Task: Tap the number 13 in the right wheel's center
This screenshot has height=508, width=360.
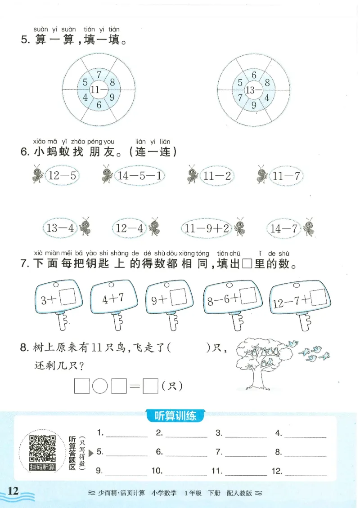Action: point(251,90)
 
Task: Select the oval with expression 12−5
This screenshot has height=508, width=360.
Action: point(61,176)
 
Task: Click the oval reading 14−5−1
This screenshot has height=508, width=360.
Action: point(140,176)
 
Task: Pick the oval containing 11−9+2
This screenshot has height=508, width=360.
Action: point(207,228)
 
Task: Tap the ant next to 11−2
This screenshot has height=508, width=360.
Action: point(192,174)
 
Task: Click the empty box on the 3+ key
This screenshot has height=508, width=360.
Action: point(67,297)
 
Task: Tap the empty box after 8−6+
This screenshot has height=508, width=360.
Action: point(248,296)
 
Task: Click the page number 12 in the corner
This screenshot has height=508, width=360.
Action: point(13,491)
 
